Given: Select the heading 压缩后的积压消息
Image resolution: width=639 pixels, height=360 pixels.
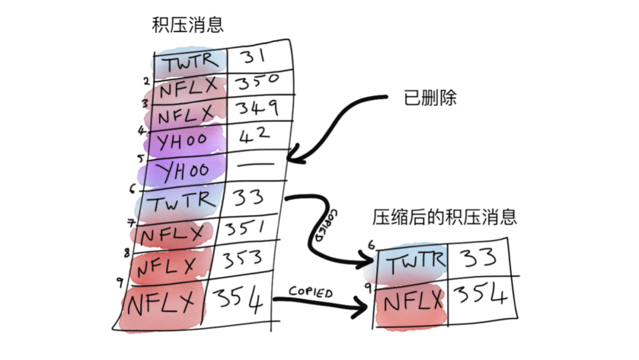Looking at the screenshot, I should [444, 217].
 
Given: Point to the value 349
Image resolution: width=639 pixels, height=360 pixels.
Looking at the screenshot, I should [257, 109].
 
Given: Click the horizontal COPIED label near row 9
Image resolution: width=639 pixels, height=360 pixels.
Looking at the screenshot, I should [311, 291].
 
